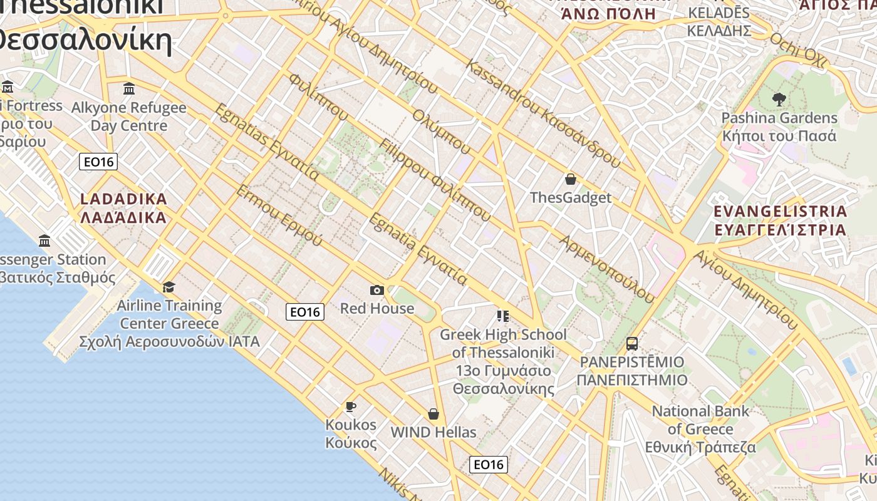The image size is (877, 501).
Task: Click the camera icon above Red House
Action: [x=376, y=290]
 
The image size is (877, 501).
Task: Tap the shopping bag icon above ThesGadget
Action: [x=570, y=180]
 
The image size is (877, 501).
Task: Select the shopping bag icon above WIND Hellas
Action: [x=433, y=414]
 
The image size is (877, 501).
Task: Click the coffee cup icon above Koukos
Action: [x=351, y=407]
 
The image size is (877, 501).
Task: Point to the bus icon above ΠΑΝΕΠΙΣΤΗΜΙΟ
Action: [x=631, y=344]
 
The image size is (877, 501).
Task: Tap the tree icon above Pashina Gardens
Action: [x=779, y=99]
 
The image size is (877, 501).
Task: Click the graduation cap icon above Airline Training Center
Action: [x=169, y=287]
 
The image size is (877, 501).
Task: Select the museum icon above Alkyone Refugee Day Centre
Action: [x=129, y=89]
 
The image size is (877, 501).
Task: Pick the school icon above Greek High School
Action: [x=502, y=316]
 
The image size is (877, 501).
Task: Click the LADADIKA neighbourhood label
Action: [x=124, y=209]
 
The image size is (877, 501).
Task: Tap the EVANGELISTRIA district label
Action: [x=781, y=220]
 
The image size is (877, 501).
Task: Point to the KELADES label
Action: [x=719, y=21]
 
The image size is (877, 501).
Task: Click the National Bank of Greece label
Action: [x=700, y=429]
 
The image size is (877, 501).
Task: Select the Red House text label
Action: [x=376, y=308]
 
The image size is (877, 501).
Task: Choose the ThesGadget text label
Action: [x=570, y=198]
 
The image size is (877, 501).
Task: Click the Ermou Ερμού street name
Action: [x=279, y=215]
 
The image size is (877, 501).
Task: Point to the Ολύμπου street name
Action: [x=442, y=132]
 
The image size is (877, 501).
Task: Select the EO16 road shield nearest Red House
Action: [x=305, y=311]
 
